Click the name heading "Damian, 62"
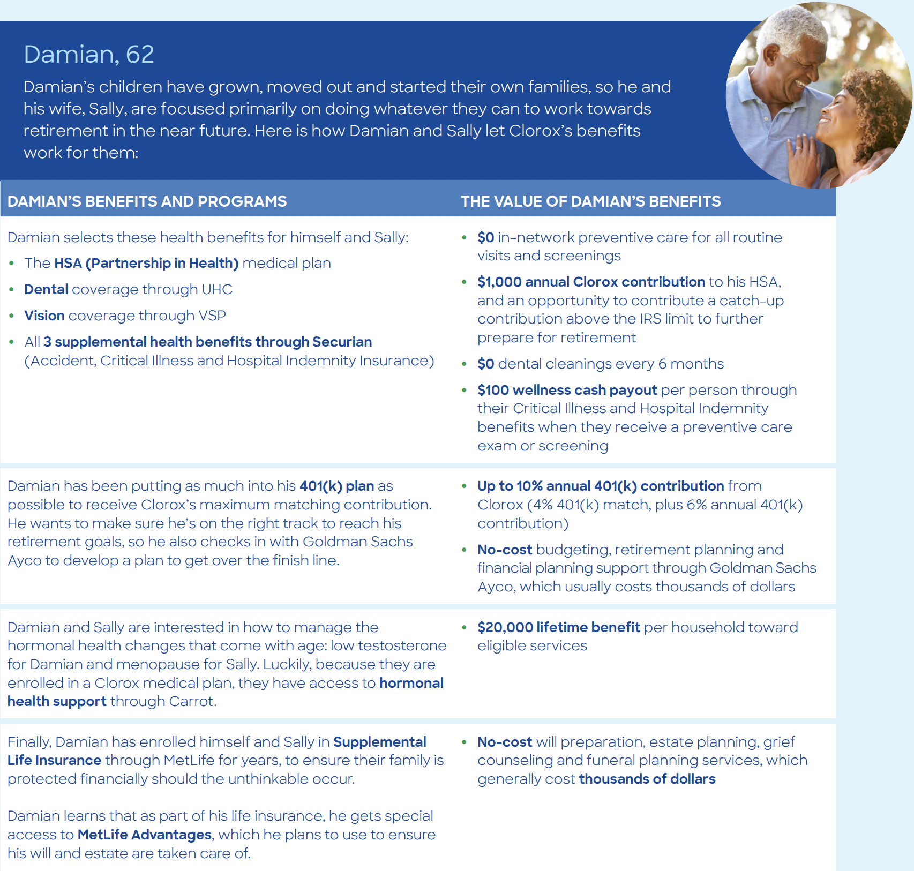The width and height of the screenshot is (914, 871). coord(89,54)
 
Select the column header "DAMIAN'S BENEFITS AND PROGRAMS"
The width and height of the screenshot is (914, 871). coord(147,201)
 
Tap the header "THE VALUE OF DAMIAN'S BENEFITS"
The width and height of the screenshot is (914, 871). coord(590,201)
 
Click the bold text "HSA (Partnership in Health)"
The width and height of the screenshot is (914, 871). coord(146,263)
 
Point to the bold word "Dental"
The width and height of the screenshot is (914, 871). coord(46,289)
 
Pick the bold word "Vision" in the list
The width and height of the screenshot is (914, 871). coord(44,316)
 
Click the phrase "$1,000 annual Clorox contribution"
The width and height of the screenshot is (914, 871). coord(591,282)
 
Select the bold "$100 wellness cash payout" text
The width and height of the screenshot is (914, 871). coord(567,390)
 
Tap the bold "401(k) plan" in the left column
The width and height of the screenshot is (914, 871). coord(336,486)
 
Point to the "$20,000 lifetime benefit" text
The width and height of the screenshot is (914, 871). coord(558,627)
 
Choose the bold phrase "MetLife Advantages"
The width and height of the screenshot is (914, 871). coord(145,835)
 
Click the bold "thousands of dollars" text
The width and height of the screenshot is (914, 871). coord(647,779)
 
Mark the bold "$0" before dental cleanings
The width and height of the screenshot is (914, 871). coord(485,364)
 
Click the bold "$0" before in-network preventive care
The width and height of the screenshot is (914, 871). coord(485,237)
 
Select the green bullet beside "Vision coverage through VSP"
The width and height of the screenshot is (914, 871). coord(11,316)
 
